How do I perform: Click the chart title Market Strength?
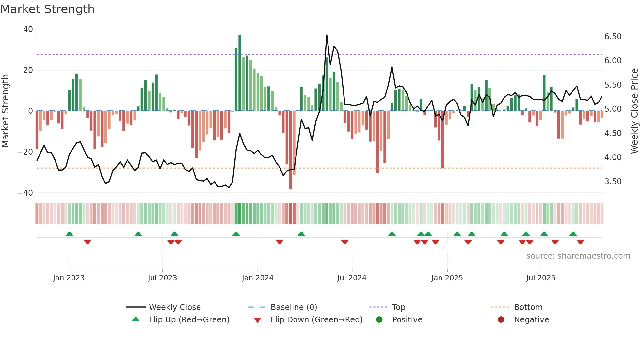[47, 9]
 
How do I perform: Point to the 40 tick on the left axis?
[28, 29]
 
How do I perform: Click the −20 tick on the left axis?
[25, 152]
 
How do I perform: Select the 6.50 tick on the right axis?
[613, 37]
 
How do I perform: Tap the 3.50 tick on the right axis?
[613, 182]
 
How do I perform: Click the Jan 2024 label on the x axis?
[257, 278]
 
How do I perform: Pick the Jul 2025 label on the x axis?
[540, 278]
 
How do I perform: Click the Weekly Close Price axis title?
[634, 111]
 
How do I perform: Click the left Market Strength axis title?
[5, 111]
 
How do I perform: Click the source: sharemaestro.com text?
[578, 256]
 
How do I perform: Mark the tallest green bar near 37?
[240, 72]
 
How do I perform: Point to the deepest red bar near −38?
[290, 150]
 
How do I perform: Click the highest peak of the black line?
[327, 35]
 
